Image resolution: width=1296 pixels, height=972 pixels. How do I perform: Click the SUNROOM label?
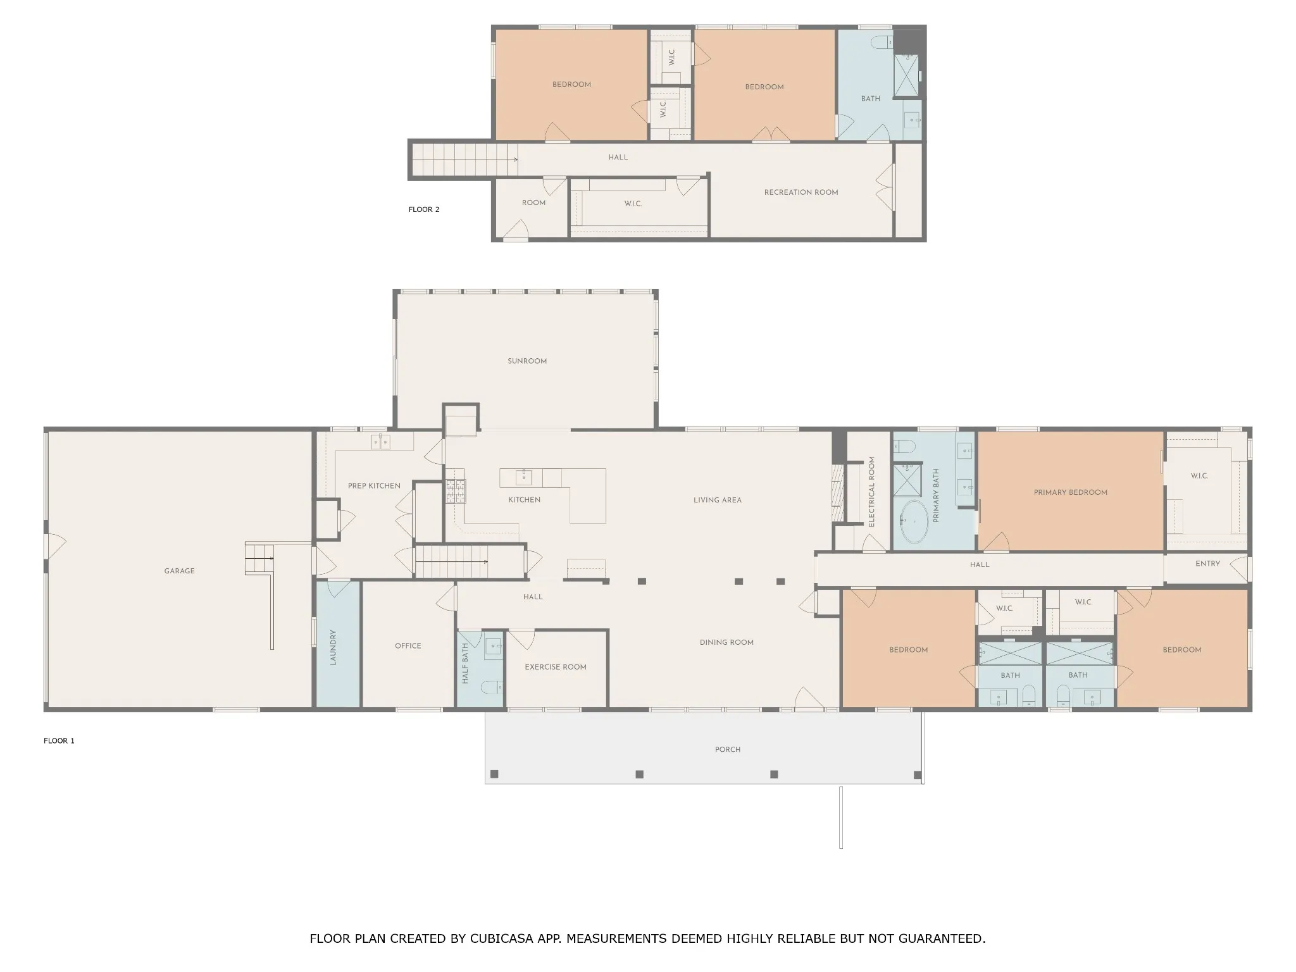coord(527,361)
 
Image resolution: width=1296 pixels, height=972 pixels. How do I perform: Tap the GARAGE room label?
coord(180,571)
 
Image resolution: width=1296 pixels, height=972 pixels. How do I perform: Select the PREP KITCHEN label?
coord(374,486)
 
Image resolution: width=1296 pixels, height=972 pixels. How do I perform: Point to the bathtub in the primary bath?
coord(913,523)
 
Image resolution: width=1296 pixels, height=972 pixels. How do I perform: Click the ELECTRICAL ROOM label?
coord(871,492)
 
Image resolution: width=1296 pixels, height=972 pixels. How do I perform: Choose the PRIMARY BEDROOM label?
coord(1071,492)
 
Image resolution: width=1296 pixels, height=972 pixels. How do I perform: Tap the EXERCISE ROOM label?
coord(556,667)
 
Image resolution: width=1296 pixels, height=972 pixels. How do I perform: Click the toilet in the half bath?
coord(492,687)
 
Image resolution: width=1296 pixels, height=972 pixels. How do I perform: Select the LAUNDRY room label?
coord(333,647)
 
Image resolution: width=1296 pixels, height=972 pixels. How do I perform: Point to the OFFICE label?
coord(408,646)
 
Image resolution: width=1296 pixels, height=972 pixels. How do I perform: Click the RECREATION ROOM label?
coord(801,192)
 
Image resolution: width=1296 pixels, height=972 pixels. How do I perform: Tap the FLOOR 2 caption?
coord(424,209)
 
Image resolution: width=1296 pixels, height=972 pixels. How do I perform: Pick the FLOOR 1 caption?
coord(59,740)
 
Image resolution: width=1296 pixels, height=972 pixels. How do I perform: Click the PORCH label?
coord(728,749)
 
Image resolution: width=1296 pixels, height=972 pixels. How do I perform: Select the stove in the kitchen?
coord(456,491)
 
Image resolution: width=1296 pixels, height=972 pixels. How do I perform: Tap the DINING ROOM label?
coord(726,642)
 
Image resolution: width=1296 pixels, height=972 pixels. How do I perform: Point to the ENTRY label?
coord(1207,564)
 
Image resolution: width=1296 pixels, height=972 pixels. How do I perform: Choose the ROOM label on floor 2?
coord(533,203)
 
